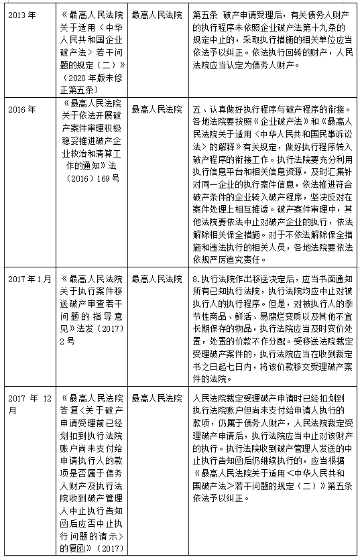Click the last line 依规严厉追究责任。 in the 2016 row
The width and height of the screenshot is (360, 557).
pos(228,259)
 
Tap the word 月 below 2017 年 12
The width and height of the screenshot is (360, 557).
pos(13,410)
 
